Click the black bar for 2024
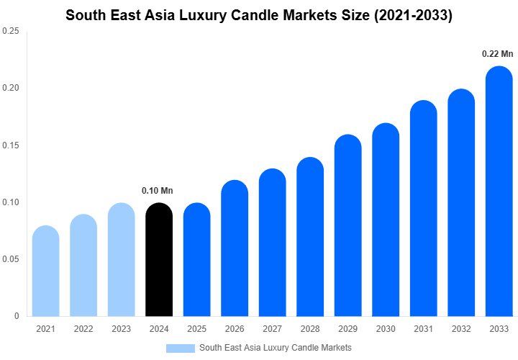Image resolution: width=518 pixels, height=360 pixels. point(159,260)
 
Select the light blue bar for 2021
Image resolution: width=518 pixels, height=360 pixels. point(45,271)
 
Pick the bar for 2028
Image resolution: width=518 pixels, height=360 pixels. point(310,237)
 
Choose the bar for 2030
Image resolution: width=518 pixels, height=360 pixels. point(386,220)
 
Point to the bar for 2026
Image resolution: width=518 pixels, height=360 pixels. point(235,248)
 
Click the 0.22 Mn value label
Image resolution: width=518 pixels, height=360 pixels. point(498,54)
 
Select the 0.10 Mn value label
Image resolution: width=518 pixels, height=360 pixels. point(158,191)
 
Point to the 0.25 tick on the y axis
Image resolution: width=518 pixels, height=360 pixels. point(11,32)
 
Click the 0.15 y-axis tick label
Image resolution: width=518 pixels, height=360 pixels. point(11,145)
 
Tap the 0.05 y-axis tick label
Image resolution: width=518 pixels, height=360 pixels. point(11,259)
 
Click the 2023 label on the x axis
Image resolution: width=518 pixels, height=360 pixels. point(121,329)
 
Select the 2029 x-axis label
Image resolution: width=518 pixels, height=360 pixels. point(347,329)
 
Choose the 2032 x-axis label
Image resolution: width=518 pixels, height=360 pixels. point(461,329)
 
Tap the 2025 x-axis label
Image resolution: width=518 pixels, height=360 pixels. point(196,329)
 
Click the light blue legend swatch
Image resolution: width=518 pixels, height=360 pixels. point(180,348)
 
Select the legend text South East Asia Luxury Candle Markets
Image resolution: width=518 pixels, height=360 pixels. point(275,348)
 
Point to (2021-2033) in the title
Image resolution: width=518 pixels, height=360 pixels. point(408,15)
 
